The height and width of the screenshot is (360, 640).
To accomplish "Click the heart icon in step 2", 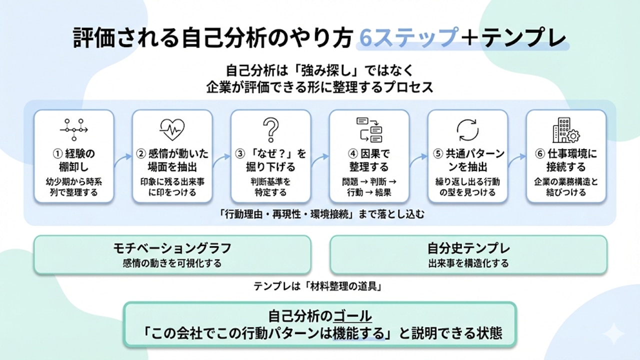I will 172,129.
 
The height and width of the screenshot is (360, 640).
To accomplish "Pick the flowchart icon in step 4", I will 369,129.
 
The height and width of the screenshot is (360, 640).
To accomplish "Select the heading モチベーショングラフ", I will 172,248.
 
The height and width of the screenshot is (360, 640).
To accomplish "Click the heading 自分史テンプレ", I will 468,248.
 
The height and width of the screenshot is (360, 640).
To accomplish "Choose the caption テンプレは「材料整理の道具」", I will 319,286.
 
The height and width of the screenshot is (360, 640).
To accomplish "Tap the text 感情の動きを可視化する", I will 172,263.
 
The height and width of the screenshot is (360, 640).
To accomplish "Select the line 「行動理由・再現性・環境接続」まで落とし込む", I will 319,215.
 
